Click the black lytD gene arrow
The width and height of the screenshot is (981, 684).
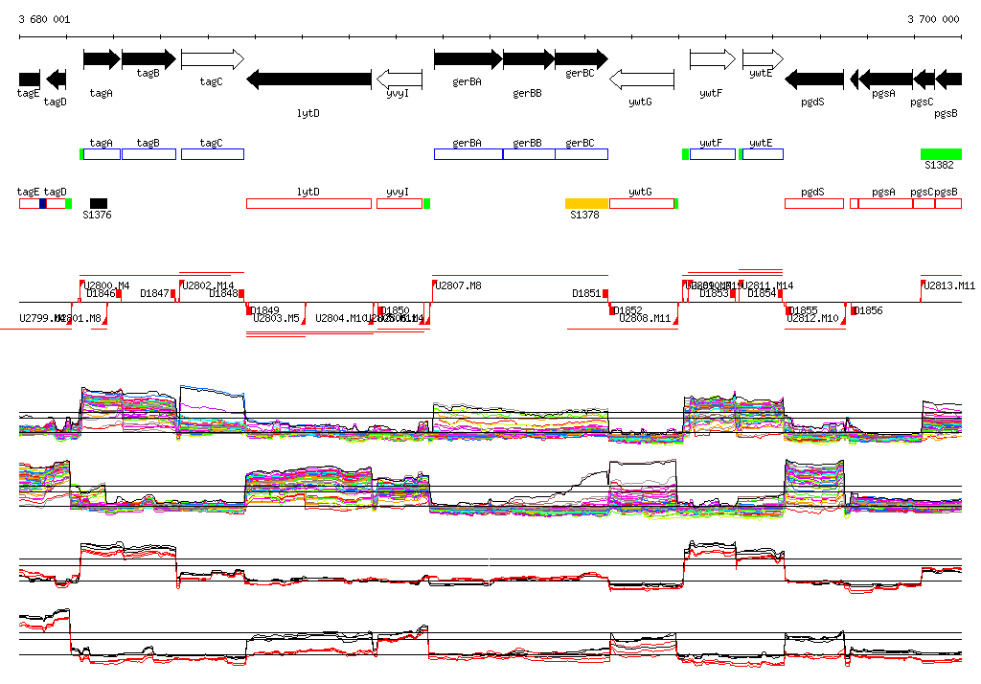308,79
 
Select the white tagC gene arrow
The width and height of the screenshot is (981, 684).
212,59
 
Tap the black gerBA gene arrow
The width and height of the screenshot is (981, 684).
468,59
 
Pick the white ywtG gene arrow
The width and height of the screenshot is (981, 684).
642,79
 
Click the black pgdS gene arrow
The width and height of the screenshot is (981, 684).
814,79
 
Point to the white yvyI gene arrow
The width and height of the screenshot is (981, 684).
399,79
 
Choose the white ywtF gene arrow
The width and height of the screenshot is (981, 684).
713,59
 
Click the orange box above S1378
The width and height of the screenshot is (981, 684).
587,203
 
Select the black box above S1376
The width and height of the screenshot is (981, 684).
99,203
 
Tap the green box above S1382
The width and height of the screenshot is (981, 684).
941,154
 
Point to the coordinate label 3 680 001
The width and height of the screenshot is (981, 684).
44,19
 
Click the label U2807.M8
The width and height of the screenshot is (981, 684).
458,285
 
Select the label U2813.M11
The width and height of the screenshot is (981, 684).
948,285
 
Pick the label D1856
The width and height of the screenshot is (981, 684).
868,311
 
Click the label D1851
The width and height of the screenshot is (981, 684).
586,293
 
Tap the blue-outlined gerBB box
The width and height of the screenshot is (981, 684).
528,154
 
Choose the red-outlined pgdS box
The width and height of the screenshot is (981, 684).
813,203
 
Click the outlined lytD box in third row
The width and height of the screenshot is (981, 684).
308,203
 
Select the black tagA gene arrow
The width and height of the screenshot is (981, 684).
102,59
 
